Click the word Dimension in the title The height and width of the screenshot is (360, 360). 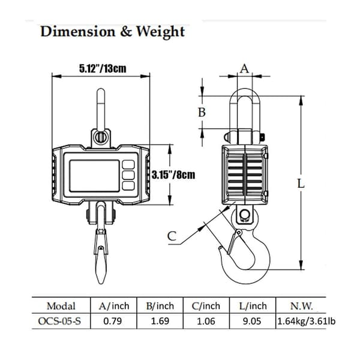point(77,31)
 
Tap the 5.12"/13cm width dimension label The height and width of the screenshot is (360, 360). point(103,68)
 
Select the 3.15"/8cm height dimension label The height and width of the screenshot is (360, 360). point(173,175)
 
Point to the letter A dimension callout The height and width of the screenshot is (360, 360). point(244,68)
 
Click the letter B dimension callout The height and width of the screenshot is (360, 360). point(202,112)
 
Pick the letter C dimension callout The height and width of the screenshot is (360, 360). point(172,236)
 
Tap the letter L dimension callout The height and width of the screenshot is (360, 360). point(301,184)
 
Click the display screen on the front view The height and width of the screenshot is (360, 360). point(94,176)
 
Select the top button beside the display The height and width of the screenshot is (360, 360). point(128,164)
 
